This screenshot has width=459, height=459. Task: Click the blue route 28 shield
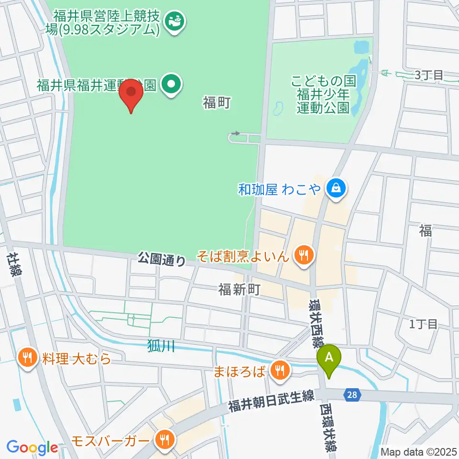pos(352,394)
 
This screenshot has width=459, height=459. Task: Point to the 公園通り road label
pos(162,260)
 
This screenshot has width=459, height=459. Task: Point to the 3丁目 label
pos(429,75)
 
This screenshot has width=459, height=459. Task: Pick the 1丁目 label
pos(423,324)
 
